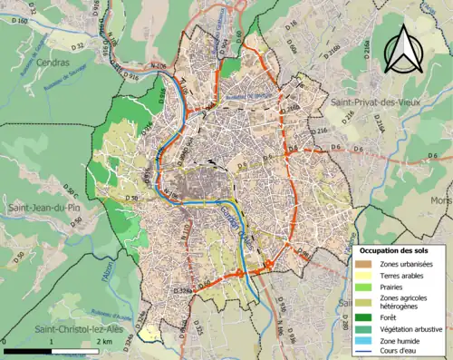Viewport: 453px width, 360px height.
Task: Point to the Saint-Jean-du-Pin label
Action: point(40,209)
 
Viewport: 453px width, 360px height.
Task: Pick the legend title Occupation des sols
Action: point(399,249)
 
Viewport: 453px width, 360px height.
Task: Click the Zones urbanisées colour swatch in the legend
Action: point(364,263)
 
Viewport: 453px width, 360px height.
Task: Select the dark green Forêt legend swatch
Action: point(364,317)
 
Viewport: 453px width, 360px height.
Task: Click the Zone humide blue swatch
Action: point(364,341)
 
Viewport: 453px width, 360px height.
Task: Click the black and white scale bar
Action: point(52,349)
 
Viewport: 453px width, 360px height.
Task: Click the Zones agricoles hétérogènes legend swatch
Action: point(364,300)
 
